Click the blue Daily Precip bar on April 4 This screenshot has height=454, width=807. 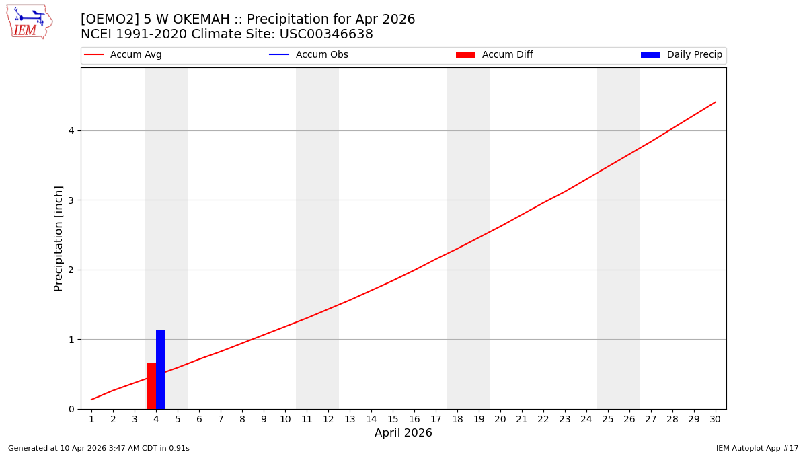coord(160,369)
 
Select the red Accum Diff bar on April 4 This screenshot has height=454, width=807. coord(151,386)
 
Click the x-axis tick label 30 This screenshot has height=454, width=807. coord(715,420)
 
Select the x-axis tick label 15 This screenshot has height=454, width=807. coord(393,420)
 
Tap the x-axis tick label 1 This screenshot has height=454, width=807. coord(91,420)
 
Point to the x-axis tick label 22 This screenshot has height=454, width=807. coord(543,420)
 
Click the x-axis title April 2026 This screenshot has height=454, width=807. coord(403,433)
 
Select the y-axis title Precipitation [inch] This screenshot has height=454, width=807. coord(59,238)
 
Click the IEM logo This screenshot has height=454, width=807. coord(29,22)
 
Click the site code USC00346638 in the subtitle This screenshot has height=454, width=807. coord(326,34)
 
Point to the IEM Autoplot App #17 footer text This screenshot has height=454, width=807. coord(757,448)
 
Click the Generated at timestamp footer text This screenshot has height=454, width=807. coord(99,448)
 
